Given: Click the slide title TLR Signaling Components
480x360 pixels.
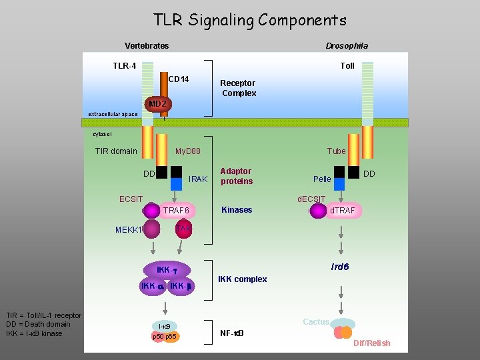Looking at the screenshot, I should coord(250,20).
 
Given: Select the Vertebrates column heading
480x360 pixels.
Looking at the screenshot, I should coord(147,46).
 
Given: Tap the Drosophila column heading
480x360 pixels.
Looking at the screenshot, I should coord(346,46).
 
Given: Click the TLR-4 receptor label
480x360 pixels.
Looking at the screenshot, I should coord(124,66).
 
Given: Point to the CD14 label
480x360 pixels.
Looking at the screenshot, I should coord(178,80).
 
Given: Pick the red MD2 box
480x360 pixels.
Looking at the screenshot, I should coord(158,105).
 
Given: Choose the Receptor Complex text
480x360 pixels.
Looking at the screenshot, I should coord(238,88).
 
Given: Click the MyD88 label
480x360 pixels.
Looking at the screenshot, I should coord(187,151).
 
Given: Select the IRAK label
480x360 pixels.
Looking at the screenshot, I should coord(199,179).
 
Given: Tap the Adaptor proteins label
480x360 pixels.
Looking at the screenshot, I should coord(237,177).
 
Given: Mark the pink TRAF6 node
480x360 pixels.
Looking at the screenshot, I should coord(177,211).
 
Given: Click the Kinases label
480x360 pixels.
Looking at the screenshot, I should coord(237,210).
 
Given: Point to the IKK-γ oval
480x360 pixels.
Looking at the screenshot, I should coord(169,270).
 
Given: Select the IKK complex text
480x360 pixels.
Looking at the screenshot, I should coord(243,279).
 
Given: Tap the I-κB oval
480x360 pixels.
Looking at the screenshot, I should coord(164,326).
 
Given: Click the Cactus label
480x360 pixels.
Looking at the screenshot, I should coord(316,322).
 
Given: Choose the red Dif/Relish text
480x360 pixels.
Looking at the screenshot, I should coord(372,343).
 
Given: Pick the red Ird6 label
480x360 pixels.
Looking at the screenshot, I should coord(341,267).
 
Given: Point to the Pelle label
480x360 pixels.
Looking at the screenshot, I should coord(322,179).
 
